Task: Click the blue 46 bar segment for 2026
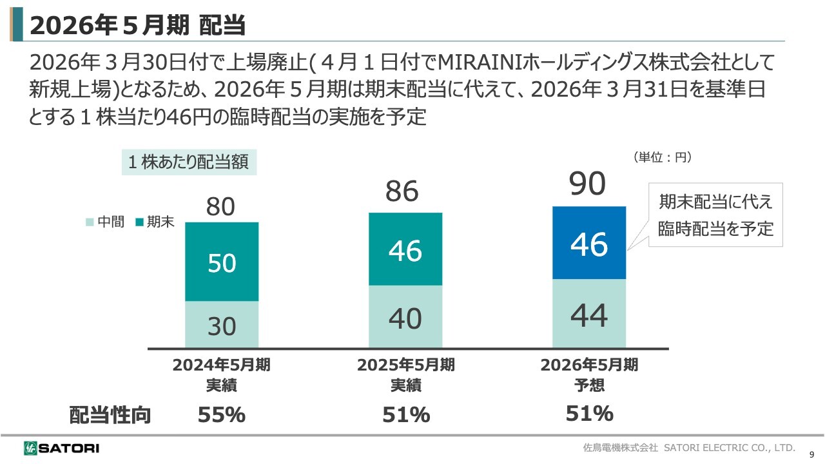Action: pyautogui.click(x=590, y=243)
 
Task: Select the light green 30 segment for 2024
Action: pyautogui.click(x=222, y=324)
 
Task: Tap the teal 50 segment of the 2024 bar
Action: pyautogui.click(x=222, y=262)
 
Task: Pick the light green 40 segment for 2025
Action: pyautogui.click(x=405, y=316)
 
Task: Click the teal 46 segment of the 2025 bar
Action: pyautogui.click(x=405, y=249)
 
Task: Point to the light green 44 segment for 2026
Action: pyautogui.click(x=590, y=313)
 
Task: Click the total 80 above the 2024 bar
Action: pyautogui.click(x=221, y=208)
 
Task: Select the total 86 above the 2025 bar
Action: pyautogui.click(x=402, y=191)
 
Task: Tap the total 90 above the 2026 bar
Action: pyautogui.click(x=588, y=184)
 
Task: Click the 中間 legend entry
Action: pyautogui.click(x=106, y=223)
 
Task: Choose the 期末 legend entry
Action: pyautogui.click(x=155, y=223)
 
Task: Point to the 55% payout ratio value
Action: pyautogui.click(x=221, y=415)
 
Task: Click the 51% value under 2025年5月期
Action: pyautogui.click(x=405, y=415)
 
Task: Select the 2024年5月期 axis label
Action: pyautogui.click(x=221, y=365)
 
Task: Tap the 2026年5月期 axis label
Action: pyautogui.click(x=589, y=365)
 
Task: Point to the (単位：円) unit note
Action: pyautogui.click(x=662, y=157)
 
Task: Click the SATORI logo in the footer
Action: pyautogui.click(x=61, y=447)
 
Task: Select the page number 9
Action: pyautogui.click(x=811, y=453)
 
